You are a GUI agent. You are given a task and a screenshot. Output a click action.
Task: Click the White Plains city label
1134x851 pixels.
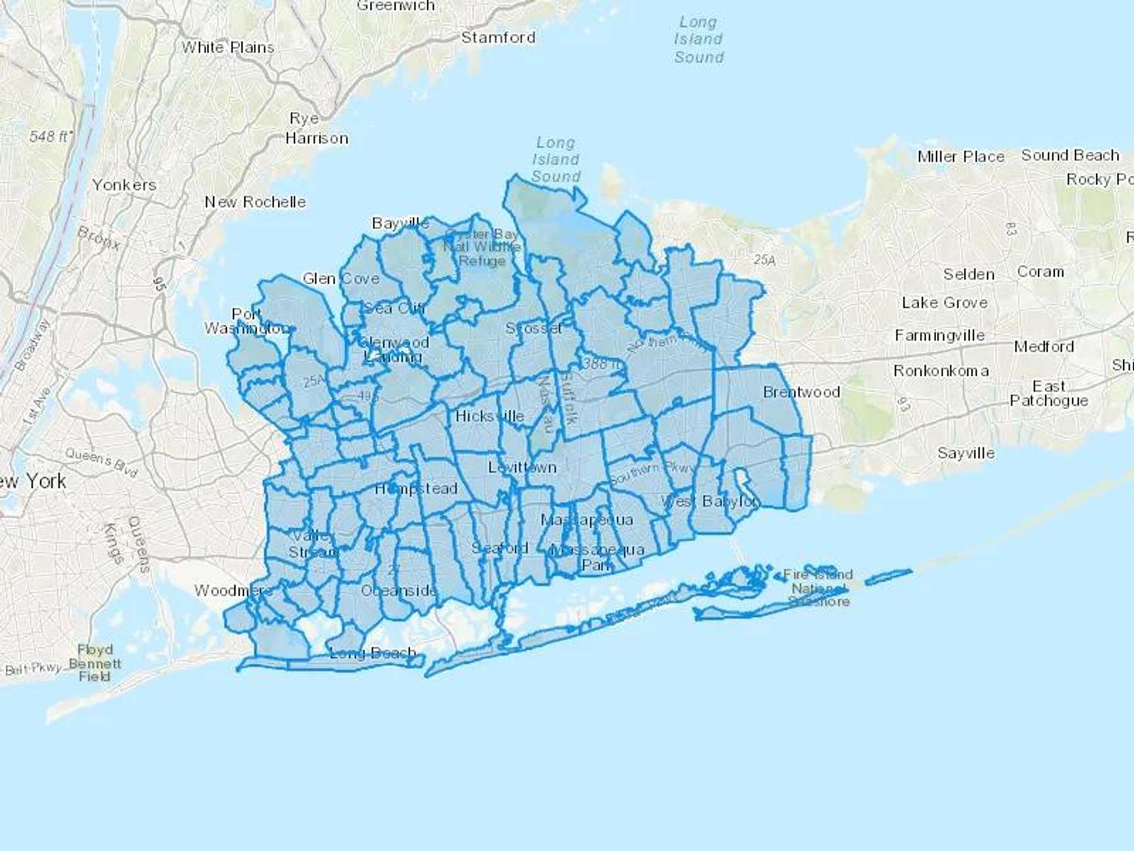pyautogui.click(x=228, y=47)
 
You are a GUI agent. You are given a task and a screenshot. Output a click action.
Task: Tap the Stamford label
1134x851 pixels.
pyautogui.click(x=498, y=37)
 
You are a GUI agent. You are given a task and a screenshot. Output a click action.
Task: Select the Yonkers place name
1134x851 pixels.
pyautogui.click(x=124, y=185)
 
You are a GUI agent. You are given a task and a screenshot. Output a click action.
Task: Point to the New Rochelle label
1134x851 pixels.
pyautogui.click(x=255, y=202)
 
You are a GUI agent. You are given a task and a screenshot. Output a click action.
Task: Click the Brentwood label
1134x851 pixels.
pyautogui.click(x=801, y=392)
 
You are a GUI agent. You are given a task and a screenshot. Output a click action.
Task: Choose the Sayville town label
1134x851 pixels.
pyautogui.click(x=966, y=453)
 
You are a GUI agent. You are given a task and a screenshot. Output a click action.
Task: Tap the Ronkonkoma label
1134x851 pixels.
pyautogui.click(x=941, y=371)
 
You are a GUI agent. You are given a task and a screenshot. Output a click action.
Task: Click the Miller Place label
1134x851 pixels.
pyautogui.click(x=961, y=156)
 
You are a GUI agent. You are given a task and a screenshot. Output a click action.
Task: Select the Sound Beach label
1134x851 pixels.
pyautogui.click(x=1070, y=155)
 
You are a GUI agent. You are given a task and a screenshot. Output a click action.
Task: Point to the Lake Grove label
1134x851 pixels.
pyautogui.click(x=944, y=303)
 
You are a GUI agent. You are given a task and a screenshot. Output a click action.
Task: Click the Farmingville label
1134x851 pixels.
pyautogui.click(x=939, y=335)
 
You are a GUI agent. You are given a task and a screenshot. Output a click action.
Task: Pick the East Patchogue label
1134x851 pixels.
pyautogui.click(x=1049, y=393)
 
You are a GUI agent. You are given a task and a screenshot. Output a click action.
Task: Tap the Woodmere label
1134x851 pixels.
pyautogui.click(x=232, y=591)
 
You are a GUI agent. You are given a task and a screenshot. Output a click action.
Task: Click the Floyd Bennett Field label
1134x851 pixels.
pyautogui.click(x=95, y=663)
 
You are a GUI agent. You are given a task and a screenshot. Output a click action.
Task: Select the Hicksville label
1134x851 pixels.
pyautogui.click(x=490, y=416)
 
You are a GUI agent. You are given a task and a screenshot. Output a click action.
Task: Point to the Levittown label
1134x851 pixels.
pyautogui.click(x=522, y=467)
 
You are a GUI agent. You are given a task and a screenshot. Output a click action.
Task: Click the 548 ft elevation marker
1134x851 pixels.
pyautogui.click(x=50, y=136)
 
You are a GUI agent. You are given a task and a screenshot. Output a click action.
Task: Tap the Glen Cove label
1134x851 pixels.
pyautogui.click(x=341, y=279)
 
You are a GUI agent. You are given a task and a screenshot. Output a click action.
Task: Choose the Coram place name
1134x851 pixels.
pyautogui.click(x=1040, y=272)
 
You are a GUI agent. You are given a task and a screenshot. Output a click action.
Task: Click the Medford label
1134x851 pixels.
pyautogui.click(x=1044, y=346)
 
